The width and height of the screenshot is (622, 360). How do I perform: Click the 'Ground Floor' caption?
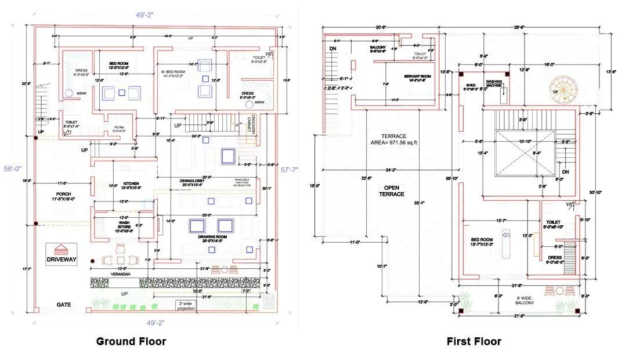(131, 341)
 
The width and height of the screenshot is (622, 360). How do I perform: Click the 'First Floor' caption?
(473, 341)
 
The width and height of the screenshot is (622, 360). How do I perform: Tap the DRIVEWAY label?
(64, 260)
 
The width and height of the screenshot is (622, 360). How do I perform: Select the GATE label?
(64, 304)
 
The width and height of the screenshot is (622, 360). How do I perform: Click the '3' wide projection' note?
(186, 305)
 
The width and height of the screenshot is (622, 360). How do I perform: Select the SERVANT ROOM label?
(417, 77)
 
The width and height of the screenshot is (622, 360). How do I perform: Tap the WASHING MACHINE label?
(494, 83)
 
